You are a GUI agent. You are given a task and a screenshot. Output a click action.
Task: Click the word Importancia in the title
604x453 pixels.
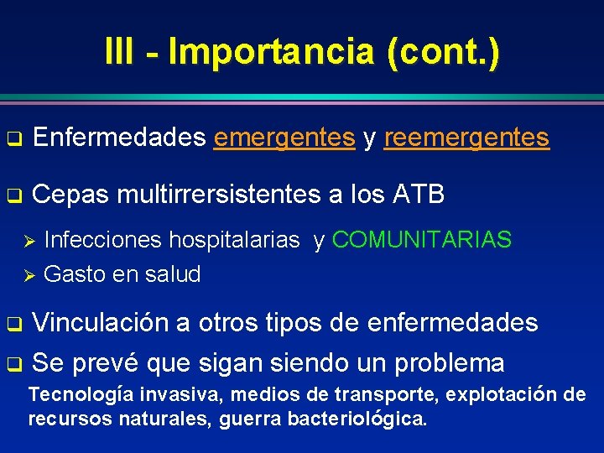pos(270,52)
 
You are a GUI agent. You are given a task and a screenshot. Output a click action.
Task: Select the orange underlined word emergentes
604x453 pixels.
pos(284,138)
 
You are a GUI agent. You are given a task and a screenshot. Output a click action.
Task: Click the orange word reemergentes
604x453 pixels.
pos(466,138)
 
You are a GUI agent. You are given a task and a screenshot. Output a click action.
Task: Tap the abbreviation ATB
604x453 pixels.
pos(418,195)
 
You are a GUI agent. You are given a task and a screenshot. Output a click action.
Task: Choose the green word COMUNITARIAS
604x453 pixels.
pos(422,241)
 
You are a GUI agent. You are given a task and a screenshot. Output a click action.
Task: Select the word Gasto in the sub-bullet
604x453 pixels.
pos(73,273)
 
